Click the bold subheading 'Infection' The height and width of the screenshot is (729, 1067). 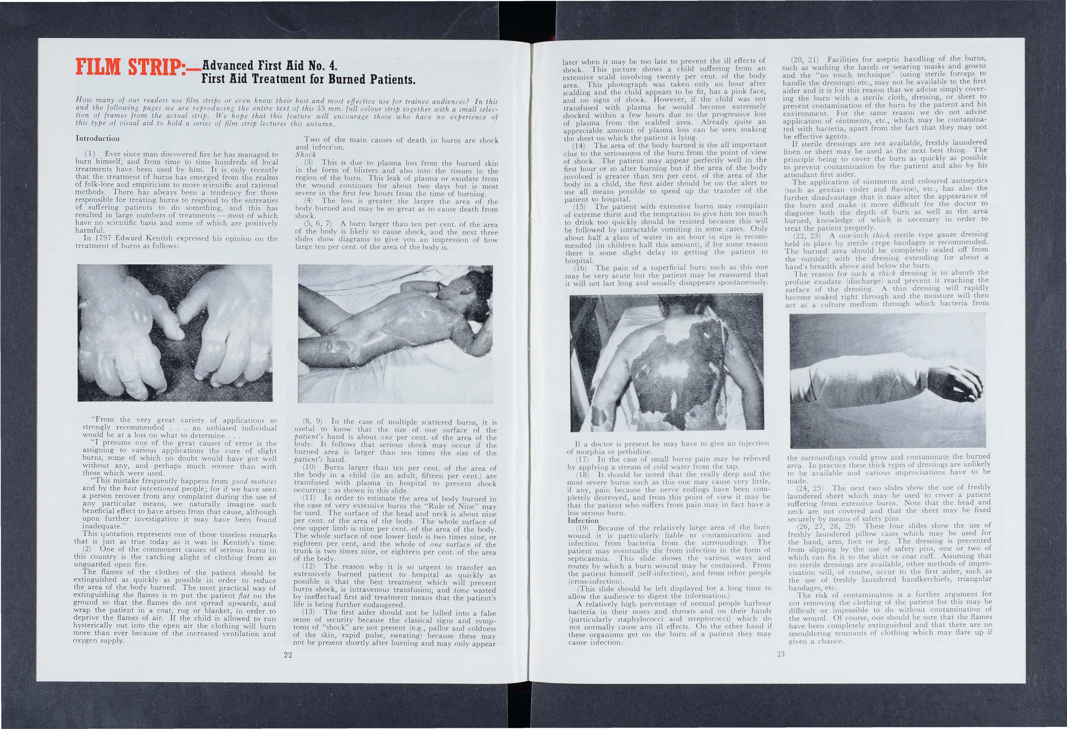(x=583, y=520)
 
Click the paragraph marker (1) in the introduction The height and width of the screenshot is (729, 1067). (x=90, y=154)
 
